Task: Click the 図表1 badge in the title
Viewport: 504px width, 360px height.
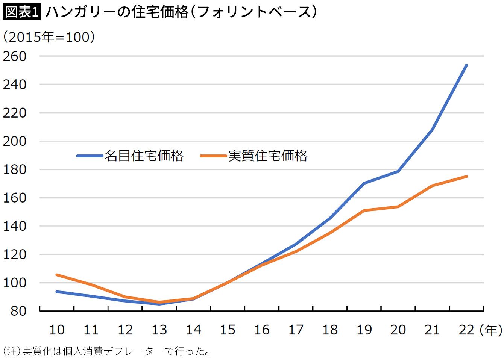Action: click(21, 12)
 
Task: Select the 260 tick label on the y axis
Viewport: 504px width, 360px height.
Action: click(15, 56)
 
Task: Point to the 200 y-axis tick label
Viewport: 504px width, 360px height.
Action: click(15, 141)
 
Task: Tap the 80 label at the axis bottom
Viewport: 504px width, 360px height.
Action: click(18, 311)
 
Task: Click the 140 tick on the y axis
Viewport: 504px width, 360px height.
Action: click(15, 226)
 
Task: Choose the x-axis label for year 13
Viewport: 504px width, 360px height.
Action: click(159, 330)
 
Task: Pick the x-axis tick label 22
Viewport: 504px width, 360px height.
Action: click(466, 330)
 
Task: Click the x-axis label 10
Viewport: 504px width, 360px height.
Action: click(57, 330)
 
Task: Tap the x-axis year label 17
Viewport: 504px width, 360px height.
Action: click(296, 330)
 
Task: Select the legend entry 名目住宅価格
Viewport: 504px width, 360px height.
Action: click(144, 156)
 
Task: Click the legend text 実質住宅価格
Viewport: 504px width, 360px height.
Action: click(268, 156)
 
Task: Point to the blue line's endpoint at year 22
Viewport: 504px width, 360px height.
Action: click(466, 65)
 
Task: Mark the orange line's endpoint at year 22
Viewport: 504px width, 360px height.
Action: click(466, 177)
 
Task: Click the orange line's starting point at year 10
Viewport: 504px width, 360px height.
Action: click(57, 275)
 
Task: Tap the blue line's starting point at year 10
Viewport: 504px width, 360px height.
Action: click(57, 292)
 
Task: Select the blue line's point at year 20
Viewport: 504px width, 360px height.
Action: click(398, 171)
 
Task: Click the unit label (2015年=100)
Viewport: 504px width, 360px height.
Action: click(49, 37)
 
